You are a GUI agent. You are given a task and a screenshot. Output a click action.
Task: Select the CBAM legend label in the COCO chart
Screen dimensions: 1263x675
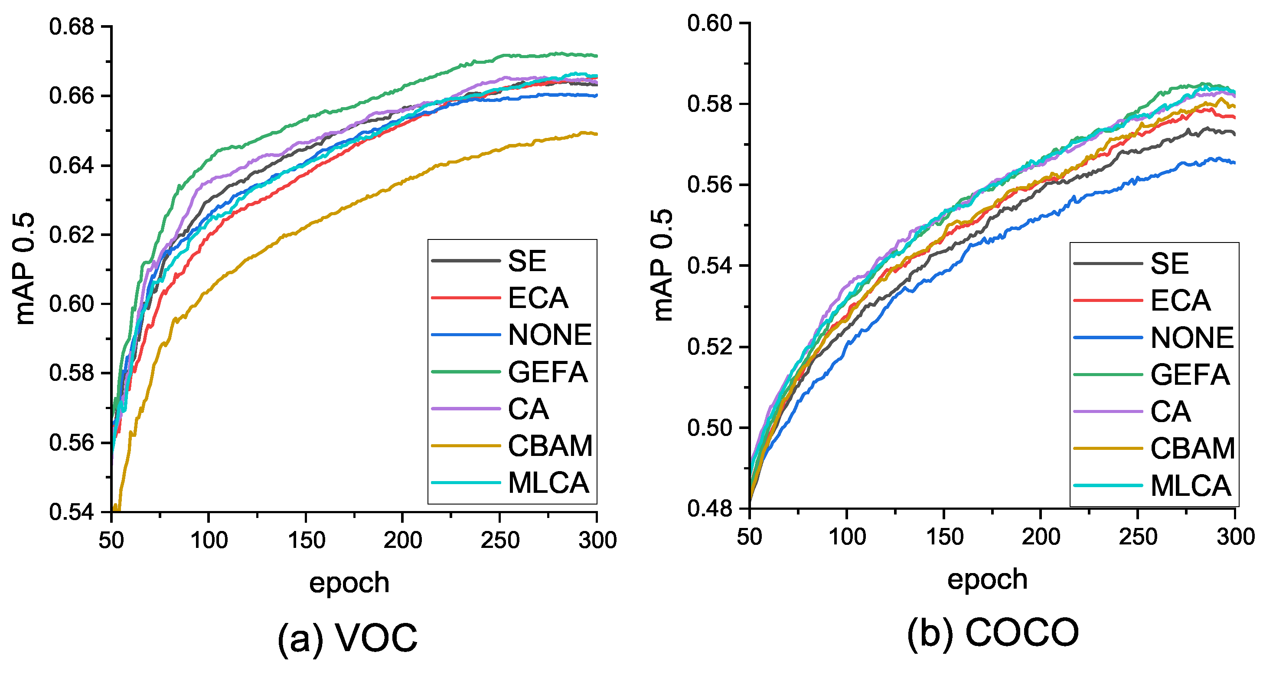[x=1192, y=449]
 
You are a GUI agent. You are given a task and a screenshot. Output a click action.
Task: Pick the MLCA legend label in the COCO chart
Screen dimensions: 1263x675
[x=1191, y=486]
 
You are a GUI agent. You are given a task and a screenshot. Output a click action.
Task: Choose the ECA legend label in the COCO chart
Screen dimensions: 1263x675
[x=1180, y=300]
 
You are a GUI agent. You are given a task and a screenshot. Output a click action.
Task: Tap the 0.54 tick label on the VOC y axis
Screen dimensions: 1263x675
[x=72, y=511]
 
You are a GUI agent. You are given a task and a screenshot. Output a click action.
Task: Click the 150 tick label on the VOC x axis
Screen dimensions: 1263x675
[x=307, y=540]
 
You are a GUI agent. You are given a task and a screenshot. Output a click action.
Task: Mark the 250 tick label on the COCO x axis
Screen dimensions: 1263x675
[x=1138, y=537]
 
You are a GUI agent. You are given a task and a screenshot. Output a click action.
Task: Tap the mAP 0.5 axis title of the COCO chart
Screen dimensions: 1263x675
[x=663, y=265]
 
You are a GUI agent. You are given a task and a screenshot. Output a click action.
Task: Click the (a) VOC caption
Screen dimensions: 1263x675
[x=348, y=638]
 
